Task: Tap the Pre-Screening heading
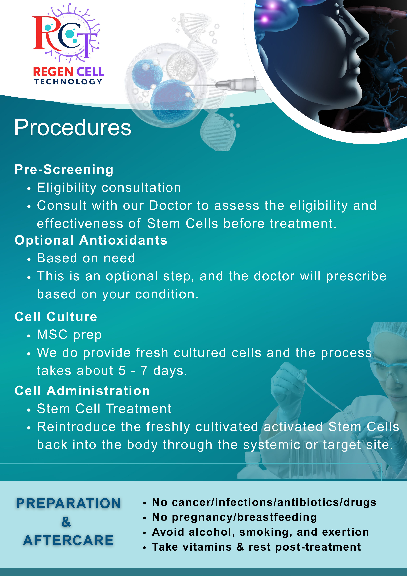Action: coord(64,169)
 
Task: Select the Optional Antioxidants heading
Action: coord(91,240)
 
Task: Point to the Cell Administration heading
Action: coord(82,391)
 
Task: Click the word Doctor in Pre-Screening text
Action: coord(170,206)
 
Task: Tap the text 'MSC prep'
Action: coord(69,335)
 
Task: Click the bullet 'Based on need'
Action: coord(86,258)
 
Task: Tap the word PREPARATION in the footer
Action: coord(68,503)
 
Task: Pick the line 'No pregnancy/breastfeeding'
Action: coord(234,517)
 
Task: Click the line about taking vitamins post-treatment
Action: coord(256,547)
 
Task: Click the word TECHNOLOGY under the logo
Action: coord(68,82)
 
